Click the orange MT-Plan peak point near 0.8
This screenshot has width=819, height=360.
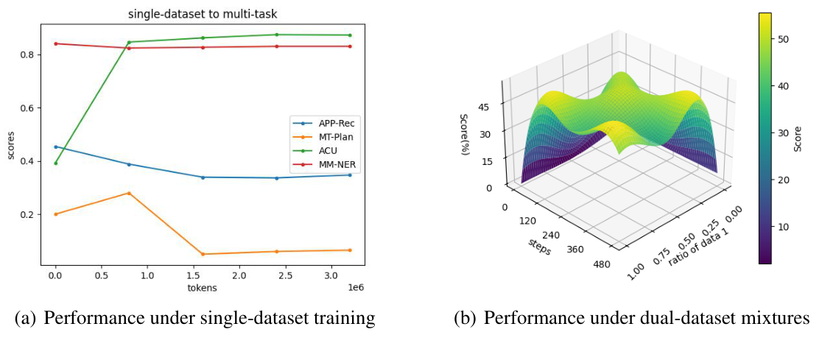tap(129, 193)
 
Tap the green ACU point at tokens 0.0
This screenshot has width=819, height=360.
tap(55, 163)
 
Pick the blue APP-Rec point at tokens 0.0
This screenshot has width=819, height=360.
tap(55, 147)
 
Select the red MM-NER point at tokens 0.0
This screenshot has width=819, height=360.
tap(55, 43)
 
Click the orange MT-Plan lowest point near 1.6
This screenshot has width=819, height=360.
tap(203, 254)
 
